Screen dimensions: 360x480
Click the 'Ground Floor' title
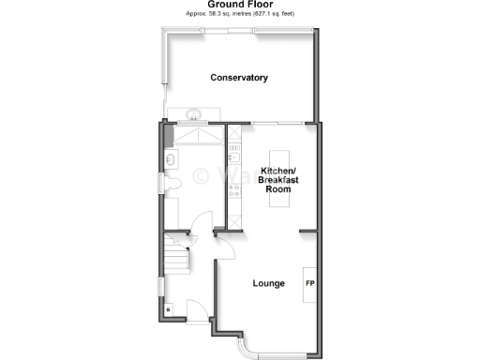coord(239,5)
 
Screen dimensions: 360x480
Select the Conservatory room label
coord(239,77)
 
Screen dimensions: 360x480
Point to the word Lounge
coord(269,282)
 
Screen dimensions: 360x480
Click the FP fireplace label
coord(309,282)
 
